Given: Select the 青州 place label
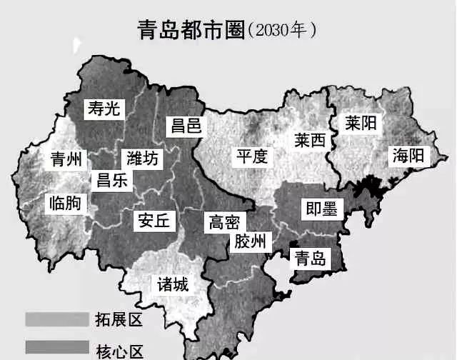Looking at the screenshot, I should (x=66, y=158).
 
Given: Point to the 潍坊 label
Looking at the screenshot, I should (x=143, y=158).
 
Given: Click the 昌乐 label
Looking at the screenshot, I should (x=112, y=180).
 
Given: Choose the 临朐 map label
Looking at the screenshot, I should (x=65, y=204).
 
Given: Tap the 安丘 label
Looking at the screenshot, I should (x=154, y=221).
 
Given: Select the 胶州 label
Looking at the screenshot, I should (x=250, y=242).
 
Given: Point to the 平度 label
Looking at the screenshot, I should (x=252, y=156).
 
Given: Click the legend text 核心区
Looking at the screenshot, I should (x=119, y=350).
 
